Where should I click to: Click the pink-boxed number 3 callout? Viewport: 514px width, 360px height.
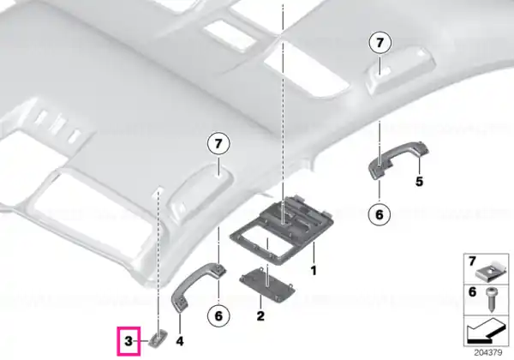pos(128,341)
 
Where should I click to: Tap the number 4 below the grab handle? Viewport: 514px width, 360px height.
pos(180,341)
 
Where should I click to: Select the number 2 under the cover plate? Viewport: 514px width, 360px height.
pos(260,316)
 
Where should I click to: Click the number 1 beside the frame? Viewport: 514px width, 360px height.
pos(314,271)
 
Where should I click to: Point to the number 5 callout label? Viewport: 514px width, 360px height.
pos(419,182)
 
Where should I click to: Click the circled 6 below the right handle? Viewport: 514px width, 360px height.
pos(380,215)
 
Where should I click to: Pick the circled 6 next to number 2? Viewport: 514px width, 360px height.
pos(218,315)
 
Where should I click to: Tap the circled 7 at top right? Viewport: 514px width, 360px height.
pos(380,43)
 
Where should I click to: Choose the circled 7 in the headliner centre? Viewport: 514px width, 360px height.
pos(218,144)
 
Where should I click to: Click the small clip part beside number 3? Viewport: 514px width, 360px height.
pos(158,339)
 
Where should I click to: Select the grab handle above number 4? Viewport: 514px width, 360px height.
pos(197,286)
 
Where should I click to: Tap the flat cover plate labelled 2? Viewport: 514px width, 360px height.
pos(267,284)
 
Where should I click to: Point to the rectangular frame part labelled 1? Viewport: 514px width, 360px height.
pos(282,231)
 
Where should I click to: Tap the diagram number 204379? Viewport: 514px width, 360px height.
pos(487,353)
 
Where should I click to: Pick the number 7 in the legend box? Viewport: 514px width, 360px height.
pos(472,261)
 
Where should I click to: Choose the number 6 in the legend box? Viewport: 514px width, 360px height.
pos(472,291)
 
